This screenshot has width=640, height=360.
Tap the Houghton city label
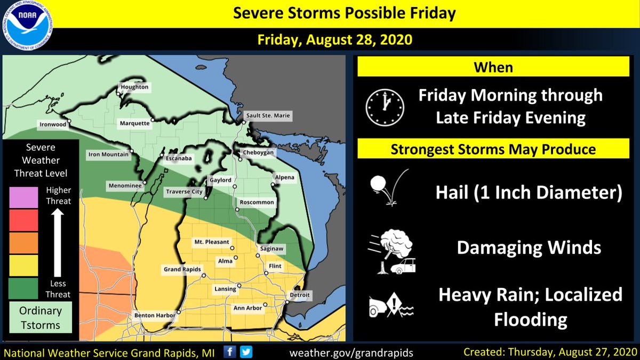134,86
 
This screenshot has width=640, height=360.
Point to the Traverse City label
184,191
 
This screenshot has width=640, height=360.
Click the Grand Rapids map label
181,270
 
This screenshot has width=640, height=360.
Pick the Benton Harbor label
155,316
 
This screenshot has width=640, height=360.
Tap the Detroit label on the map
299,295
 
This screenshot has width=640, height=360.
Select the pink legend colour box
23,197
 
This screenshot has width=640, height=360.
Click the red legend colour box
23,220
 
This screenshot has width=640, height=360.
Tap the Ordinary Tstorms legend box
41,317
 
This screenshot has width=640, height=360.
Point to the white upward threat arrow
58,243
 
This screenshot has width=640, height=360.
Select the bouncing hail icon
388,187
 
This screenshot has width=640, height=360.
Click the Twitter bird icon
246,352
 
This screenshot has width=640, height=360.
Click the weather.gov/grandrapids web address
351,353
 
